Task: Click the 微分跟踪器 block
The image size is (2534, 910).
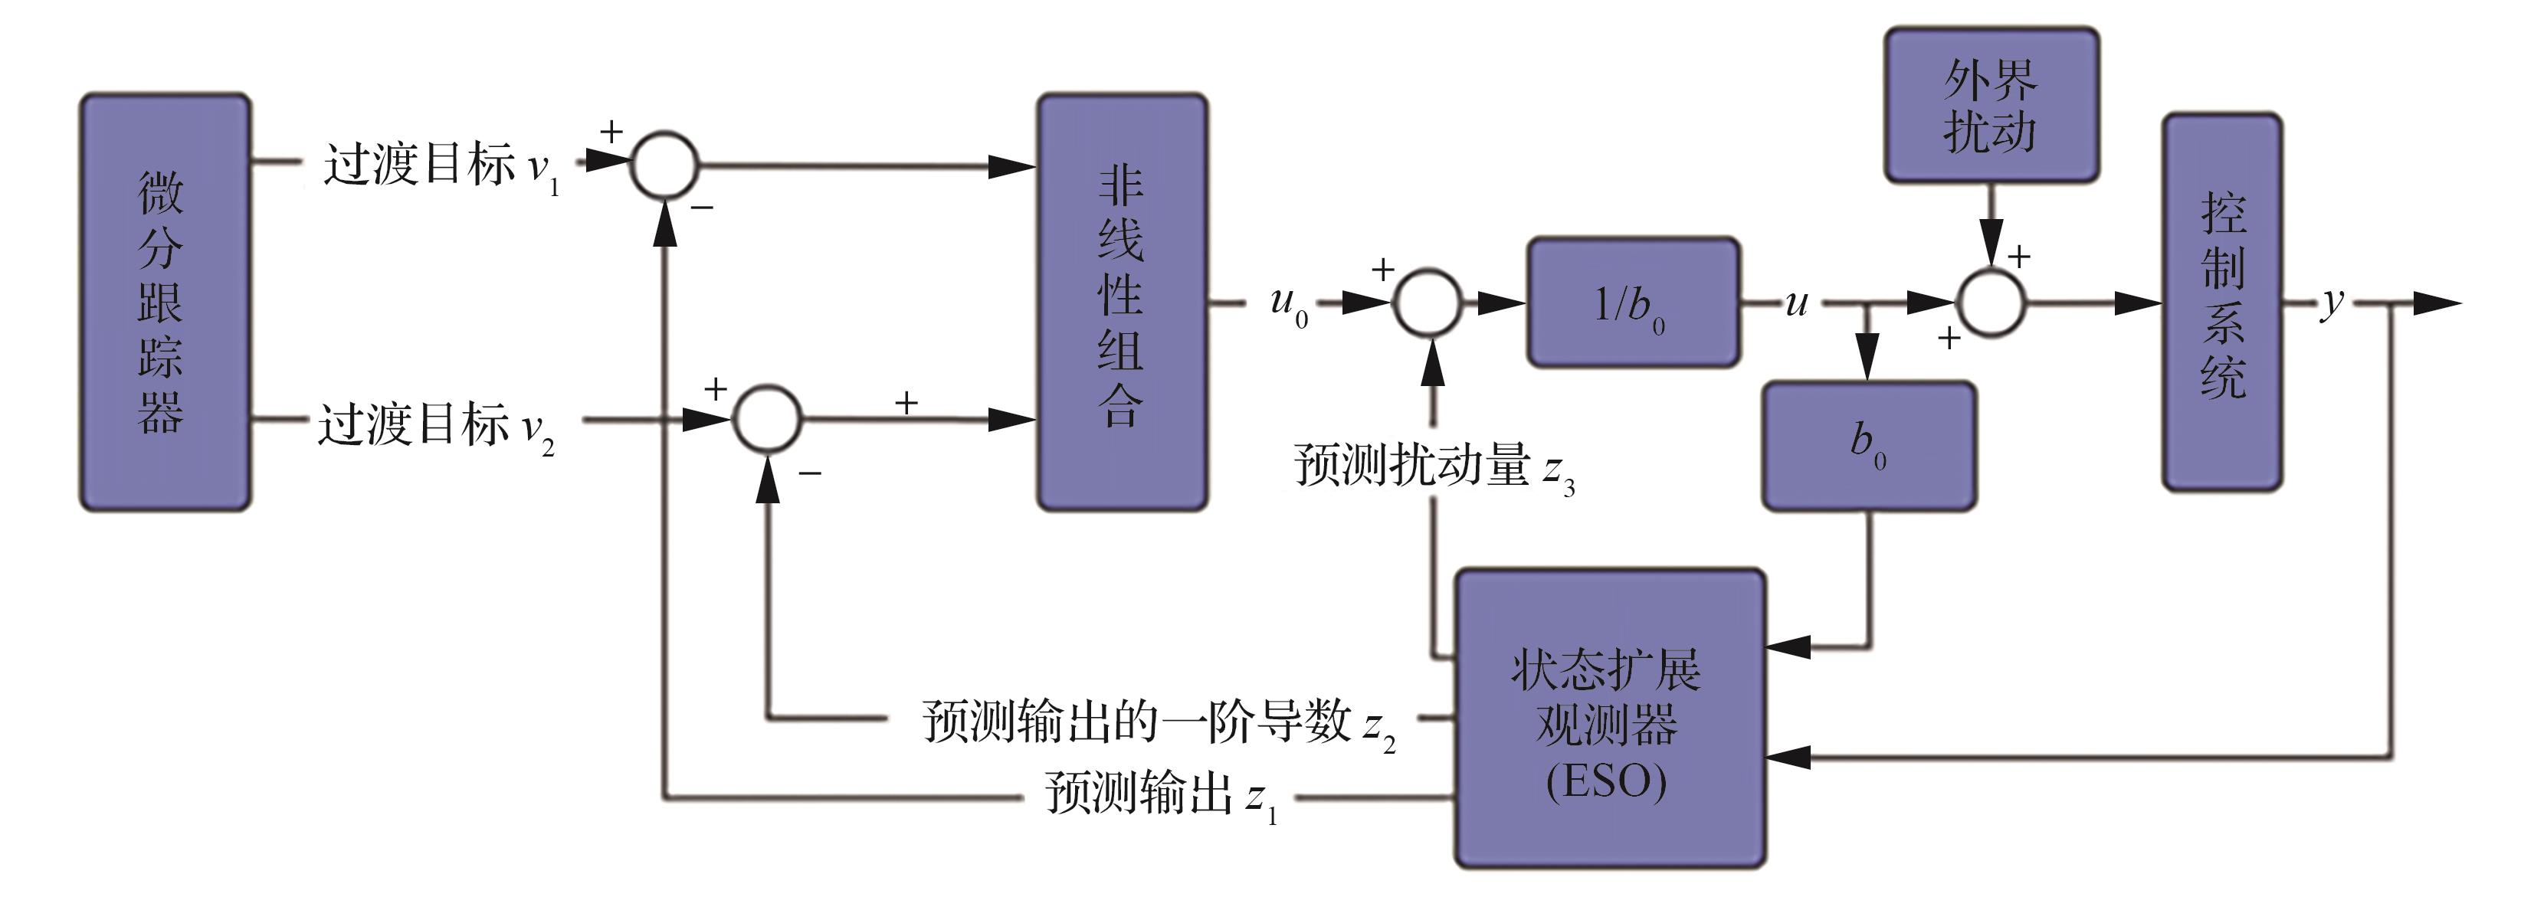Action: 164,302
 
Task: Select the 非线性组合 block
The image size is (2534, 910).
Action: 1122,302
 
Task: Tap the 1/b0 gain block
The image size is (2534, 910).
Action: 1633,302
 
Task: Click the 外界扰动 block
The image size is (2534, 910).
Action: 1991,105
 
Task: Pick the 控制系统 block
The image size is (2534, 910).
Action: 2222,302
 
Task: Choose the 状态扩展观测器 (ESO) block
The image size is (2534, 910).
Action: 1609,719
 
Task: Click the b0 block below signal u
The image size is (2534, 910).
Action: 1868,445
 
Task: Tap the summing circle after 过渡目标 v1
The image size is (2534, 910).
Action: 665,165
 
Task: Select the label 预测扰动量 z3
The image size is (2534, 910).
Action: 1433,466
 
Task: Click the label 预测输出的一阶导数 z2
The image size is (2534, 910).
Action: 1158,723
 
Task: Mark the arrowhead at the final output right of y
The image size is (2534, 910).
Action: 2437,303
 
